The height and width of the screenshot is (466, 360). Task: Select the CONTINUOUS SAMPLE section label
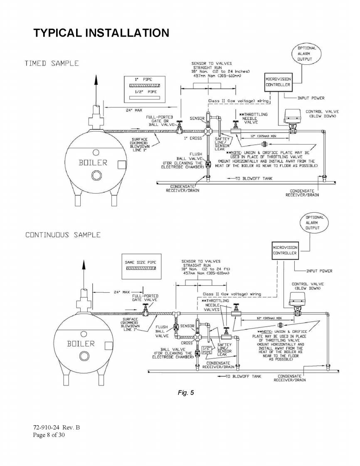[x=63, y=235]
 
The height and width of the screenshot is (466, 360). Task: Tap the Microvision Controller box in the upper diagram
[x=278, y=82]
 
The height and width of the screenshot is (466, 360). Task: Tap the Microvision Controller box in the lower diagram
[x=285, y=250]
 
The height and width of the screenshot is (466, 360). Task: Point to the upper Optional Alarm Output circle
[x=307, y=54]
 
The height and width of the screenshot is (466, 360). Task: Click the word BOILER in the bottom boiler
[x=81, y=344]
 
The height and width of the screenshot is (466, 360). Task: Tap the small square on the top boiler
[x=122, y=165]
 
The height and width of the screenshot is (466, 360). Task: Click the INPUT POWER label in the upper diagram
[x=311, y=98]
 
